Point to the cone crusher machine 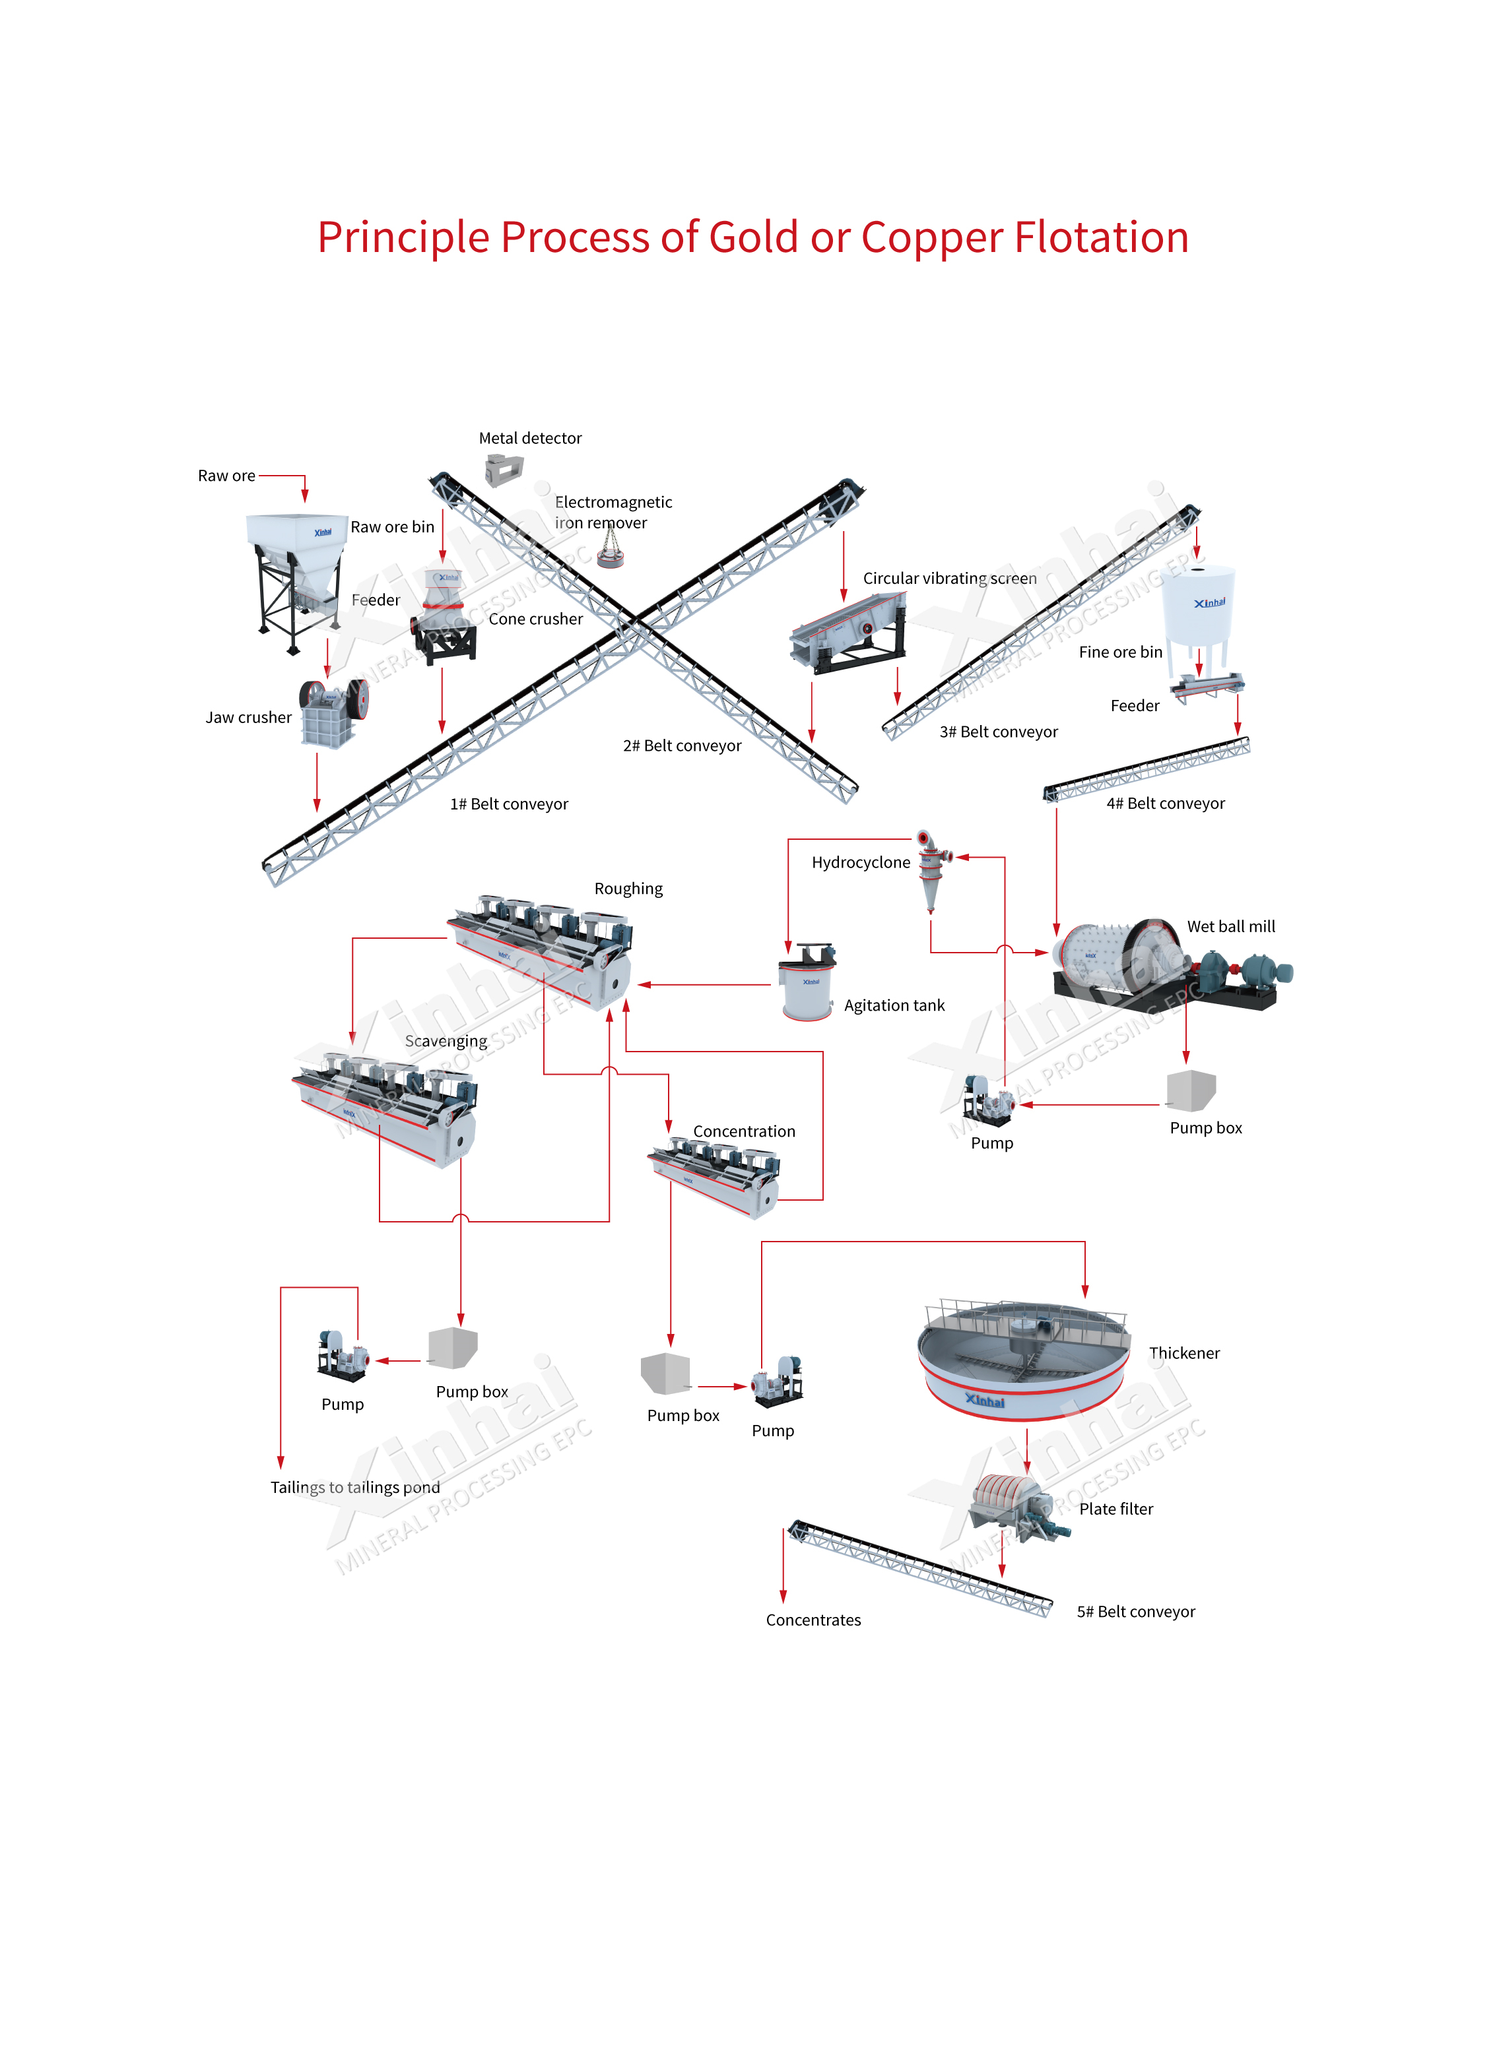(444, 617)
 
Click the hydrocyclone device (931, 867)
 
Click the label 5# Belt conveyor (1135, 1612)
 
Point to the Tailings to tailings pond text (354, 1488)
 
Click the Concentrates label (813, 1620)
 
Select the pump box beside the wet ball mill (1190, 1090)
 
